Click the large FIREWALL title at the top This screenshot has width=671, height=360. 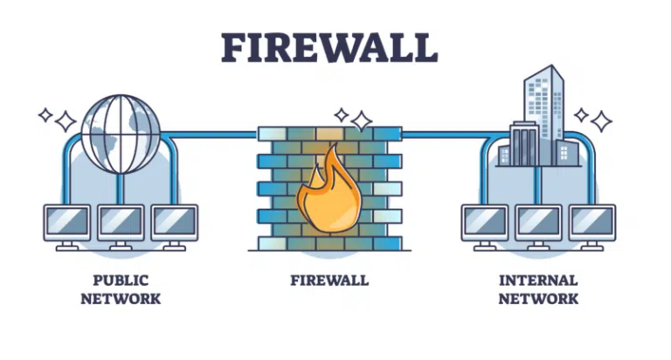point(329,48)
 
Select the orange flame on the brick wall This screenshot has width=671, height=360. point(329,190)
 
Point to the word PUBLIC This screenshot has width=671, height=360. point(121,280)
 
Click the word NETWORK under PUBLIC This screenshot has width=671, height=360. point(121,298)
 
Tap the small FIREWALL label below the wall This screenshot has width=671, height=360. point(329,280)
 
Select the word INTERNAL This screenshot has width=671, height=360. point(538,280)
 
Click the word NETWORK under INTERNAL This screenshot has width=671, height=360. point(538,298)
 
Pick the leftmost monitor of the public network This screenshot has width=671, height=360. point(67,227)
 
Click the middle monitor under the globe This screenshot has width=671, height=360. point(121,227)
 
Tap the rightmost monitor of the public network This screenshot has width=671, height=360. point(175,227)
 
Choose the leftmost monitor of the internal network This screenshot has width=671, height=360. point(485,227)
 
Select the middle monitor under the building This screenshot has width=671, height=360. point(538,227)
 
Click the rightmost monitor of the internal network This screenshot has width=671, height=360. point(592,227)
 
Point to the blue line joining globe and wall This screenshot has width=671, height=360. point(209,135)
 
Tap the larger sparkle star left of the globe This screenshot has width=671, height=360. point(66,121)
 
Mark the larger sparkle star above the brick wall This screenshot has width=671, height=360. point(362,121)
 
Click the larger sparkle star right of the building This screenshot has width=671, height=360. point(601,121)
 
